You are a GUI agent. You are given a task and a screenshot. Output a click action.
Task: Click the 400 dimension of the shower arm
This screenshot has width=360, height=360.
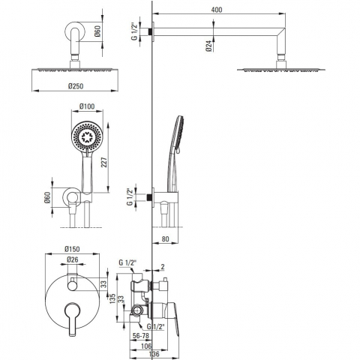click(217, 10)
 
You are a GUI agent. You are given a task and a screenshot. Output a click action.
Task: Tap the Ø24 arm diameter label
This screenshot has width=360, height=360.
click(209, 46)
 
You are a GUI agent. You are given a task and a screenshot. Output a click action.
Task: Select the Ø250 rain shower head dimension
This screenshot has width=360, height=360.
click(76, 86)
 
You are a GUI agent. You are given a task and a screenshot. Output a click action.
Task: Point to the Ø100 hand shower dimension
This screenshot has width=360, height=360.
click(87, 106)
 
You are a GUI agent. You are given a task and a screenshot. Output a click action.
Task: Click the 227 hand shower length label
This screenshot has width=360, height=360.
click(104, 163)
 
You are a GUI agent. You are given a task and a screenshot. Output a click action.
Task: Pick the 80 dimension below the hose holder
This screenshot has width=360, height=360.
click(165, 239)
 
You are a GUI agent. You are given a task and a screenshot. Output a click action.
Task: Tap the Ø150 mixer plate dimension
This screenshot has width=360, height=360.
click(72, 249)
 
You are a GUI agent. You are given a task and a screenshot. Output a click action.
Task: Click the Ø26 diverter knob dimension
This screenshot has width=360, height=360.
click(73, 259)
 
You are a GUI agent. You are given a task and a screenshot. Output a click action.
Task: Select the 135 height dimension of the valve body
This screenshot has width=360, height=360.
click(112, 298)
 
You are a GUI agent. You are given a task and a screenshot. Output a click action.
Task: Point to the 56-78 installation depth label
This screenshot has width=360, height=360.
click(141, 336)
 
